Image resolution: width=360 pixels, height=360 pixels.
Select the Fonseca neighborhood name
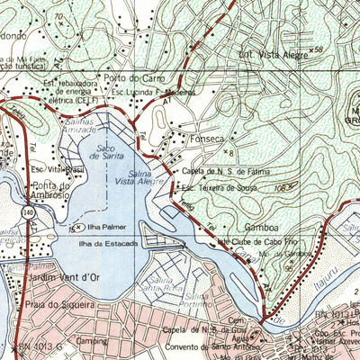tap(205, 139)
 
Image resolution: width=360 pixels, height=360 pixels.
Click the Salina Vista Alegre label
tap(136, 176)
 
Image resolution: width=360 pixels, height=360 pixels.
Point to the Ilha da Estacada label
tap(106, 243)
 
